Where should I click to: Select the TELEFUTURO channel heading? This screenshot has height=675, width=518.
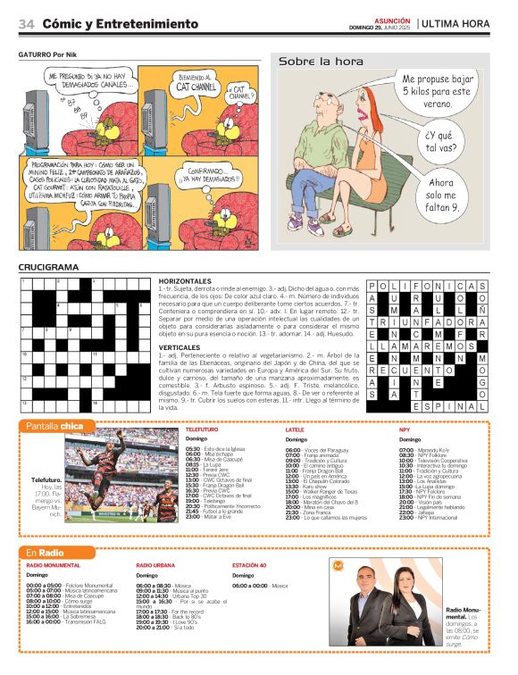tap(202, 429)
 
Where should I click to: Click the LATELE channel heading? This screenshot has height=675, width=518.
tap(295, 429)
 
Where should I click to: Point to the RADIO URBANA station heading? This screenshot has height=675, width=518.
tap(155, 566)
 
